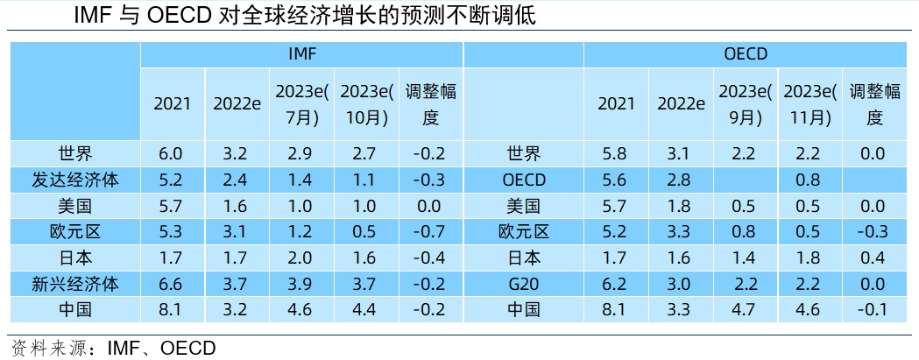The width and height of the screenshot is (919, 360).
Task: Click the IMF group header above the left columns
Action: [302, 54]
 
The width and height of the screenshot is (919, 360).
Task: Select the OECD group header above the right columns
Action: [746, 54]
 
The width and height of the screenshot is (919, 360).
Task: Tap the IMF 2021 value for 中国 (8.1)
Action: [172, 309]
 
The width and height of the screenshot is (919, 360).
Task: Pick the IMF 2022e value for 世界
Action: [237, 154]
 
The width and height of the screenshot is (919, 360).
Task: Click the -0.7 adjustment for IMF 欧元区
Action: [430, 232]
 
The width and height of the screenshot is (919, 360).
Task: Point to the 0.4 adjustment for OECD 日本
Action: [874, 258]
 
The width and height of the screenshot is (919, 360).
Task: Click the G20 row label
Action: [524, 284]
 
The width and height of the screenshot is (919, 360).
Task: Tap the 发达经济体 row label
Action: [74, 180]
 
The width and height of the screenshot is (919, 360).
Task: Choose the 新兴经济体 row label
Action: [74, 284]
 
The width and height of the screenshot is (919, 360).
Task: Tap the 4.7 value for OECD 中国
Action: [744, 309]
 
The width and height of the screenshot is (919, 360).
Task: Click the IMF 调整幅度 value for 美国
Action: [430, 206]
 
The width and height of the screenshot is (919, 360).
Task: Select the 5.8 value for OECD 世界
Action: [616, 154]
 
